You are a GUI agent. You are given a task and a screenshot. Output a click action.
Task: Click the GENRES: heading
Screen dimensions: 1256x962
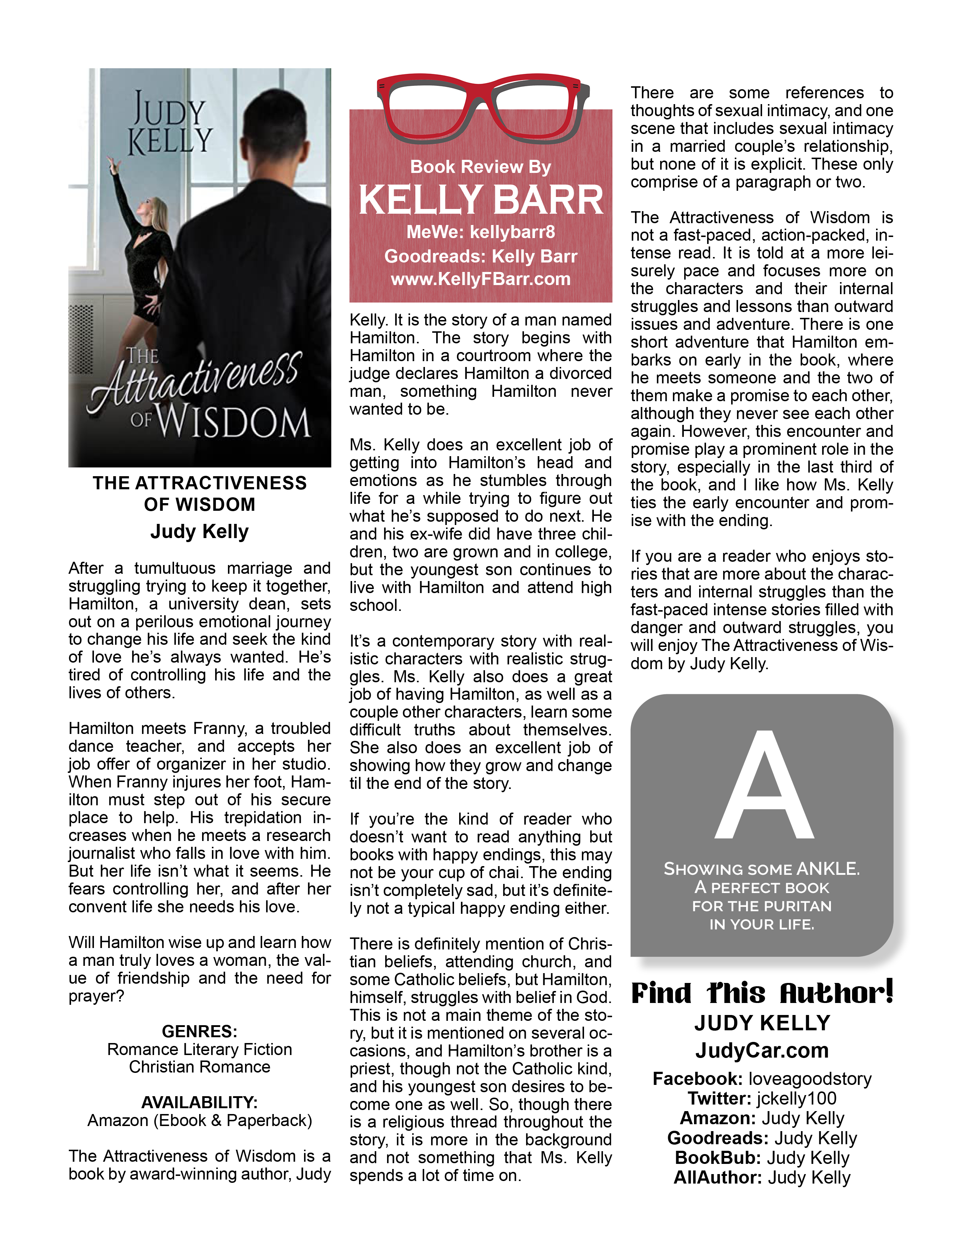click(x=199, y=1031)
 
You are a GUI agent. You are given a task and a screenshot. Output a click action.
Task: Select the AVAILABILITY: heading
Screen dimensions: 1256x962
click(x=199, y=1102)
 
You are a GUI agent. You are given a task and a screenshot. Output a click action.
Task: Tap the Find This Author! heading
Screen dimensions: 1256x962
click(x=762, y=993)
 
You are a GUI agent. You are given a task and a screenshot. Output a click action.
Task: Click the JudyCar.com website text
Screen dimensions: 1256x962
click(x=762, y=1050)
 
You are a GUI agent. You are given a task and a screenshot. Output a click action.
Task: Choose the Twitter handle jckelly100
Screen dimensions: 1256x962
click(x=796, y=1098)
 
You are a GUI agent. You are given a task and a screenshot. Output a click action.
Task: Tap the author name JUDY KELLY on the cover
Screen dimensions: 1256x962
click(x=169, y=125)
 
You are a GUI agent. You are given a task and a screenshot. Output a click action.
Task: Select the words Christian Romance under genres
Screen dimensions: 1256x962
click(x=199, y=1067)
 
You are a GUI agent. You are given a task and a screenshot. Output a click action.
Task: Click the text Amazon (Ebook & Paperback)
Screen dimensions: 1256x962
click(x=199, y=1120)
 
